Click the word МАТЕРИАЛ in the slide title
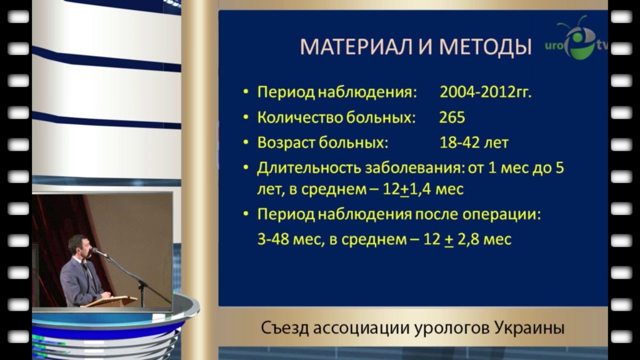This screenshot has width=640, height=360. (356, 46)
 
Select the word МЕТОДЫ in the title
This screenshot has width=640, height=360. (485, 47)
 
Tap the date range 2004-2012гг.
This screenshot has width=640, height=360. (485, 92)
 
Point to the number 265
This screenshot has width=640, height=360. (452, 117)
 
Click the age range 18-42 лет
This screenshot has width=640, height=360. (474, 142)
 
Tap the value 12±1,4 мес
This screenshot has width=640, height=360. (423, 189)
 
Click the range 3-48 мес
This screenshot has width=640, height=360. (288, 239)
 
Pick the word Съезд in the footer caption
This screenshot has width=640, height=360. (284, 327)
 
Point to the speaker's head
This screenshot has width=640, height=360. (78, 246)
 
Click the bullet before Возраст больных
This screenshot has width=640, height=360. (246, 142)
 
